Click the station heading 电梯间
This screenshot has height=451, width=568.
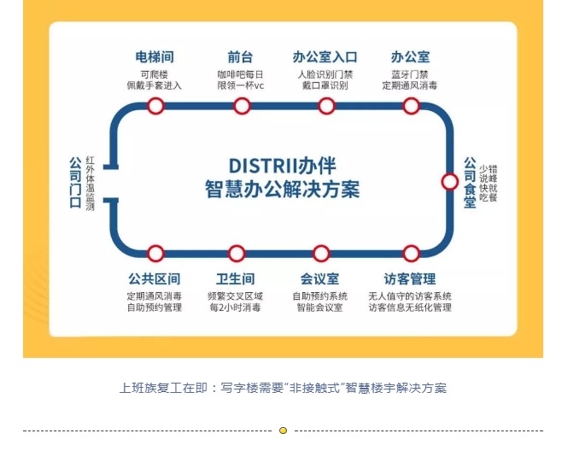click(154, 57)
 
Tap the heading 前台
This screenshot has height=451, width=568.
click(240, 57)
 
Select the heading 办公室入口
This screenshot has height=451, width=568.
click(325, 57)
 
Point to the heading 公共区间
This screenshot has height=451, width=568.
click(154, 279)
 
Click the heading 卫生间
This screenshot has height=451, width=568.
click(236, 279)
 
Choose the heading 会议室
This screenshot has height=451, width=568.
click(319, 279)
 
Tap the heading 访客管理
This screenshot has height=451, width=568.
click(410, 279)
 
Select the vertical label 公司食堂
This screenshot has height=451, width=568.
click(470, 182)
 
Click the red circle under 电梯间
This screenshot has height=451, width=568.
click(155, 106)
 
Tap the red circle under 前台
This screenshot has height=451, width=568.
click(242, 106)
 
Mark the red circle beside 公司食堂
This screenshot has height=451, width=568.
click(449, 181)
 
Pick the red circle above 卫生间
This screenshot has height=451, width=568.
click(237, 254)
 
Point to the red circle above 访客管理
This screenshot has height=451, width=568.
click(411, 254)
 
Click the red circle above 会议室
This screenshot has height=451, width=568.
click(321, 254)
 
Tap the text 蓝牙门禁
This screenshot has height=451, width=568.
click(409, 74)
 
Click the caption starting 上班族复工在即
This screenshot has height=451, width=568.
click(283, 388)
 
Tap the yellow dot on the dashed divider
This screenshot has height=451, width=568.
click(284, 430)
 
